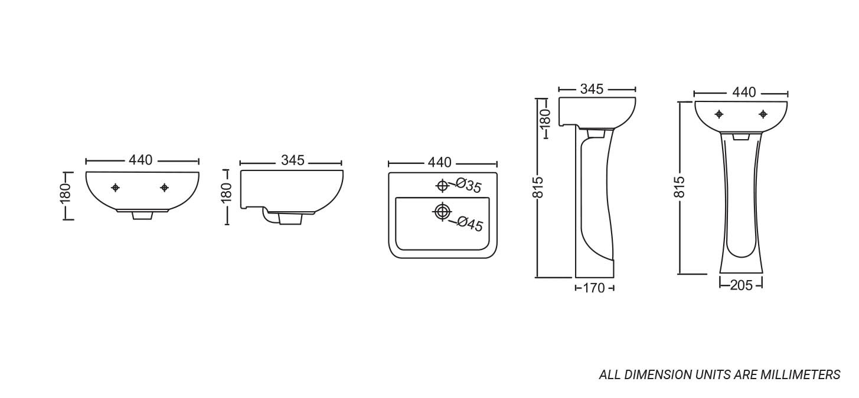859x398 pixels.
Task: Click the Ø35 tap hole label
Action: click(x=468, y=186)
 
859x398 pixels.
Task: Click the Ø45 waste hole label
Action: click(x=470, y=223)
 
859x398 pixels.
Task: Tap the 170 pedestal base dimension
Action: click(x=594, y=288)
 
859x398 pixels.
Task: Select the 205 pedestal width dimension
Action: click(x=742, y=285)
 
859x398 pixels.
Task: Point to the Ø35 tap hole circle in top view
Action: click(x=442, y=186)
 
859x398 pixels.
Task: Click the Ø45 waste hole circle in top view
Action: click(x=443, y=212)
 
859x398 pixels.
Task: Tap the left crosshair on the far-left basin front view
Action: click(x=115, y=188)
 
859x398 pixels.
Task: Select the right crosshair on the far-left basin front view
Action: click(x=164, y=188)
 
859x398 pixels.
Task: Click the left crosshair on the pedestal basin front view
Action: click(x=720, y=114)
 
